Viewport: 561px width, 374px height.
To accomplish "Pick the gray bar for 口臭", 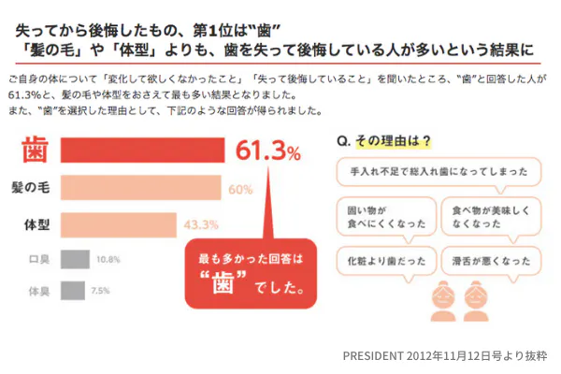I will pyautogui.click(x=75, y=259).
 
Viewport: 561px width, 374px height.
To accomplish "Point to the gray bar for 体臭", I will pyautogui.click(x=71, y=291).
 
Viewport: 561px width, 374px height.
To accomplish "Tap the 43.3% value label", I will pyautogui.click(x=200, y=225).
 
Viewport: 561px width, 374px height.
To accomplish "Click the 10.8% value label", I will pyautogui.click(x=110, y=259).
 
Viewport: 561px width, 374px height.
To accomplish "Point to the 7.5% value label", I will pyautogui.click(x=101, y=291).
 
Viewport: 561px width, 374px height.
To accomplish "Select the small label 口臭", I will pyautogui.click(x=38, y=259).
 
